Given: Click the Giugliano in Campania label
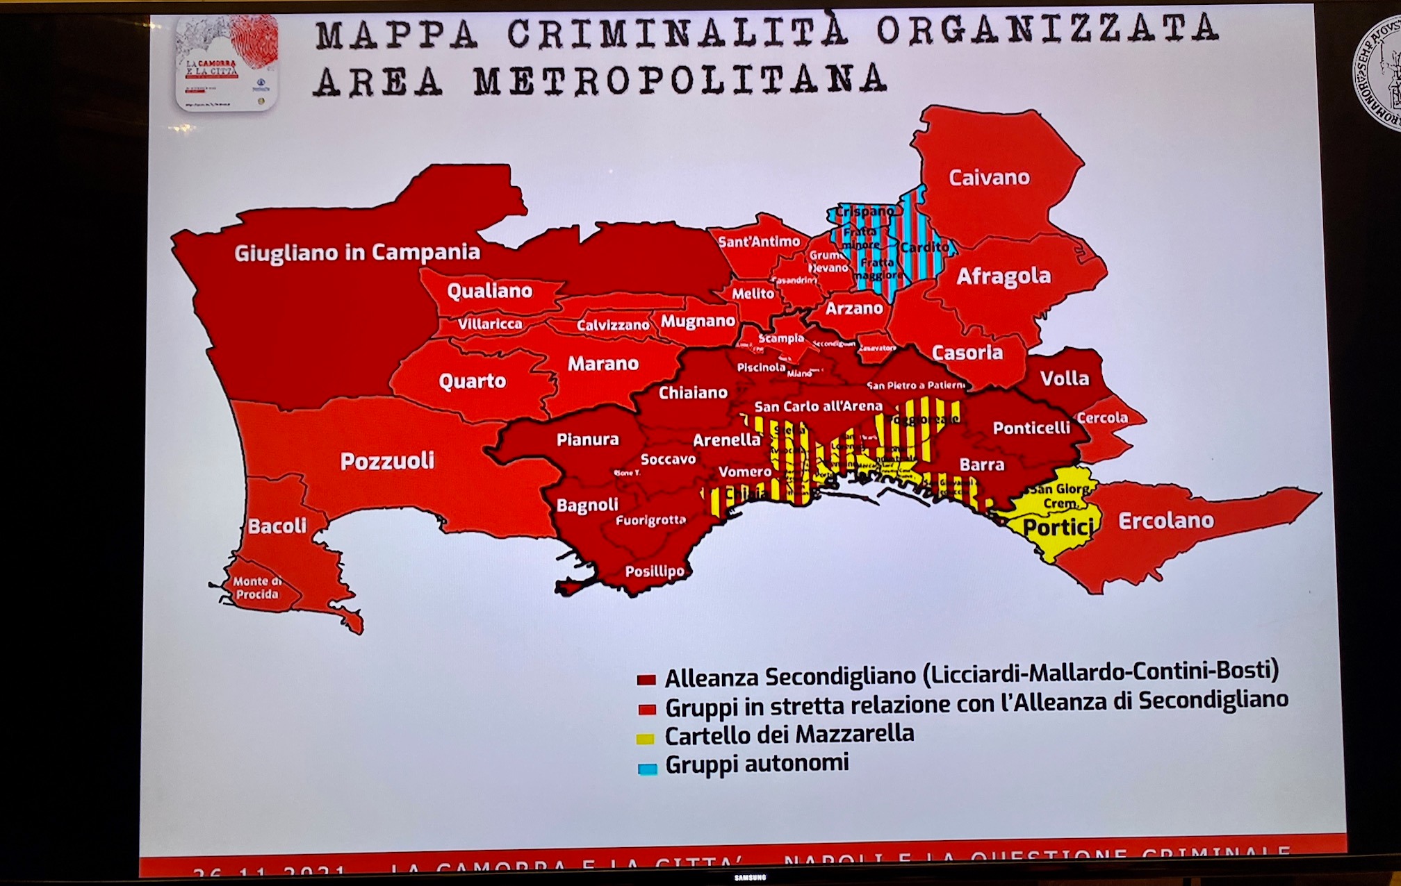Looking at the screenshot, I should (357, 252).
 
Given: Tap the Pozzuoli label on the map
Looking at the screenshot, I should (387, 461).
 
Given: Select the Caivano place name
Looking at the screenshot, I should (989, 178).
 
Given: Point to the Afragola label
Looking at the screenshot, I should (1003, 276).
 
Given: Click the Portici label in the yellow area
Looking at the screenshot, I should (1057, 528).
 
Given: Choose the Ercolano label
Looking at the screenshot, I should (1165, 521).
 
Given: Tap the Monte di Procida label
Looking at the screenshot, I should (256, 587).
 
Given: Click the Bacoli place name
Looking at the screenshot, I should (277, 526).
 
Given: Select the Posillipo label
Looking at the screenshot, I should (654, 571).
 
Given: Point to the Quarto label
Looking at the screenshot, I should (472, 381).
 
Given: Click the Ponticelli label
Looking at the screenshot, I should (1031, 428).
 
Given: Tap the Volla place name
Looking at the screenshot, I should (1064, 378).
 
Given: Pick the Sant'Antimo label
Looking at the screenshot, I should (758, 242).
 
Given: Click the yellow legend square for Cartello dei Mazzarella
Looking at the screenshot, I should (646, 739).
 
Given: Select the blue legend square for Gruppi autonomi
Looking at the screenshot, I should (647, 769).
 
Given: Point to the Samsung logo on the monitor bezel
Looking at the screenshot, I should (750, 878).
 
